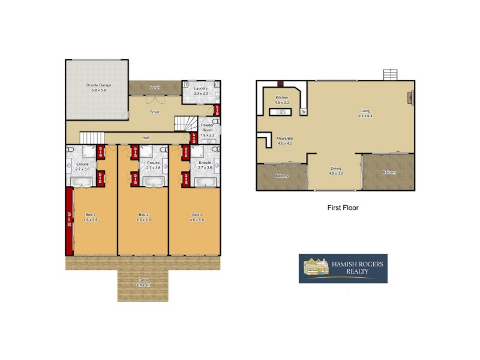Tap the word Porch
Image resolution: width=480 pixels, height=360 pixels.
[155, 88]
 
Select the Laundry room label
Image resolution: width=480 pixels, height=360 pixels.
[200, 88]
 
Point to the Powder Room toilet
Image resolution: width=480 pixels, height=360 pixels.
[215, 122]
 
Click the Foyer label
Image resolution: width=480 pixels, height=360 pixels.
[154, 112]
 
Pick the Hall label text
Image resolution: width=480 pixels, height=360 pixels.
[145, 138]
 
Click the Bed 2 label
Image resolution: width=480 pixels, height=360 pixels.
[143, 215]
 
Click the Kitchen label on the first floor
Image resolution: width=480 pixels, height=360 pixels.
[282, 97]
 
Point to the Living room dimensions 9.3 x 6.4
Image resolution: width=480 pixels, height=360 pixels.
[365, 116]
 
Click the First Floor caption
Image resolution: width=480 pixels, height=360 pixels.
[343, 208]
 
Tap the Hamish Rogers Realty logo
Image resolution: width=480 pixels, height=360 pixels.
[343, 268]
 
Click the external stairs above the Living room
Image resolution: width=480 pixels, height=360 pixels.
[391, 74]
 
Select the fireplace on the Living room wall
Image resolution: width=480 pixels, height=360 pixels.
[411, 98]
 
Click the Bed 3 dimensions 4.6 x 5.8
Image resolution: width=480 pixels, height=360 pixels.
[197, 220]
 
